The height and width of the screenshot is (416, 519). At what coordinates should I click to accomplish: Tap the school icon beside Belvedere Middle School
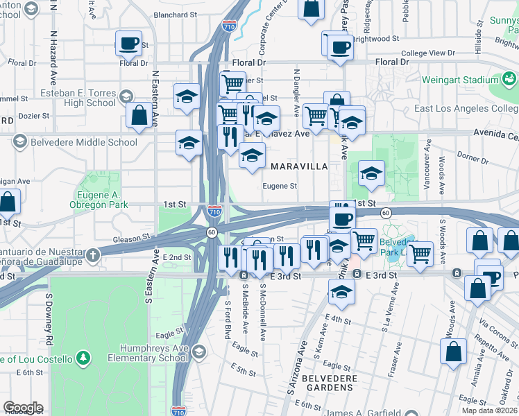point(20,142)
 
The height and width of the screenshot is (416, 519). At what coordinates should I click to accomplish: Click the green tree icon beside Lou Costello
point(83,358)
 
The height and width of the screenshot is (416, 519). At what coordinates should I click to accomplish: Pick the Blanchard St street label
point(175,14)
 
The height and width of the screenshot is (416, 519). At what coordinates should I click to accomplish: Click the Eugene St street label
point(280,186)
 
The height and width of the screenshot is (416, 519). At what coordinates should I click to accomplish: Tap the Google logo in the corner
point(23,408)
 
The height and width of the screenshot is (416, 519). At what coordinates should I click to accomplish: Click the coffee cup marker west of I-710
point(128,43)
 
